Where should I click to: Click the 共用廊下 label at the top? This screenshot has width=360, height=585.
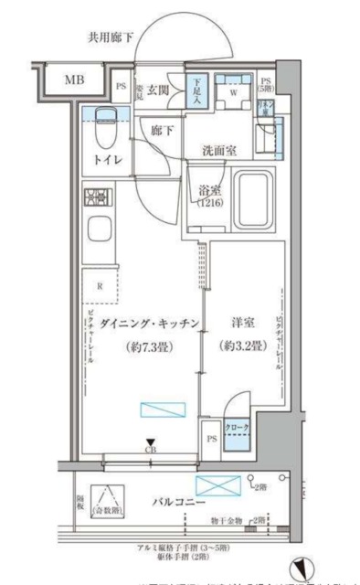pos(111,37)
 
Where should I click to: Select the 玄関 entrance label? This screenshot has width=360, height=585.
pos(157,89)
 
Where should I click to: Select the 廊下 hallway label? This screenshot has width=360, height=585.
pos(162,131)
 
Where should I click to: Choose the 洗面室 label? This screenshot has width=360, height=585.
pos(219,153)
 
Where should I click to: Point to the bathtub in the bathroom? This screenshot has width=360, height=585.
pos(252,199)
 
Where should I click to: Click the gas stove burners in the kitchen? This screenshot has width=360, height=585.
pos(96,197)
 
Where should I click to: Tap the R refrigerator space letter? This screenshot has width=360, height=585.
pos(101,285)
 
